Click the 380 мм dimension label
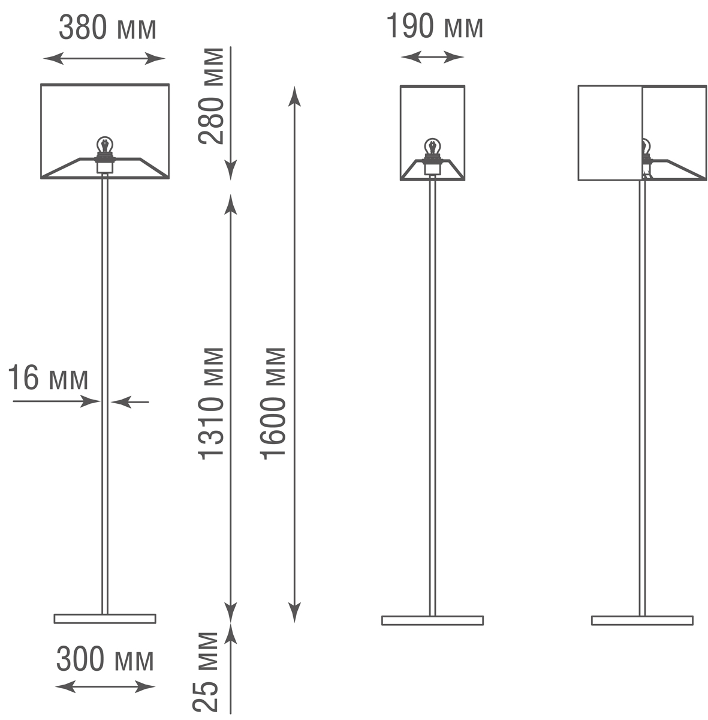(x=107, y=28)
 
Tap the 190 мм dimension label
(x=435, y=26)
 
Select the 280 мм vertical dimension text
(x=212, y=96)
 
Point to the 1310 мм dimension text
(x=212, y=403)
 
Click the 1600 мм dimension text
(x=273, y=403)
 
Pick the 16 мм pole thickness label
(x=48, y=379)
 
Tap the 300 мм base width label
(x=105, y=660)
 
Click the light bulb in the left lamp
(x=106, y=146)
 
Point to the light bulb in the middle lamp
(x=432, y=146)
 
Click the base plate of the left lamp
(x=105, y=619)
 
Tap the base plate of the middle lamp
(x=432, y=620)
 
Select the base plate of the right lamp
(x=642, y=620)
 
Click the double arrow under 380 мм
(x=104, y=58)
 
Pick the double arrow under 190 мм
(x=432, y=57)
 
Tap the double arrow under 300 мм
(x=105, y=686)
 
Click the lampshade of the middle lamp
(x=432, y=114)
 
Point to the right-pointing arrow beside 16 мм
(x=90, y=401)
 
